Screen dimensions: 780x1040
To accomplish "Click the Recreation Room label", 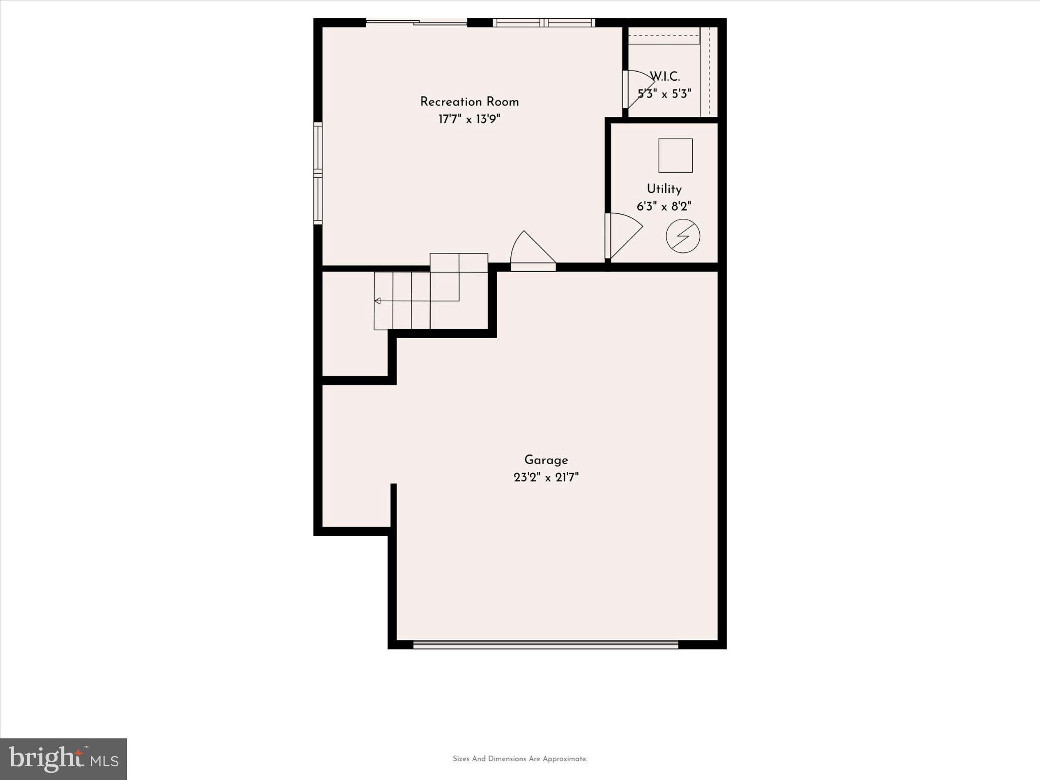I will point(469,102).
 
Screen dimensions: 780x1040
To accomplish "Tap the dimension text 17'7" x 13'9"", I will point(469,119).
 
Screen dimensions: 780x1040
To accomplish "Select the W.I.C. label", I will point(665,77).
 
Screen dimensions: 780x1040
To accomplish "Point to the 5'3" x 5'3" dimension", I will point(664,94).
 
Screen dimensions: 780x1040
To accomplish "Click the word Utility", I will point(664,189).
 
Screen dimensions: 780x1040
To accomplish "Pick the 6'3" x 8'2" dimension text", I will point(664,207).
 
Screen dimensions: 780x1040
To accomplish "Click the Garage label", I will point(546,460).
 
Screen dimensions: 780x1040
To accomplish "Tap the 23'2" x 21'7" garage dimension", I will point(546,478).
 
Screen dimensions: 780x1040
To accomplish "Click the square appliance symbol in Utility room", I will point(675,155).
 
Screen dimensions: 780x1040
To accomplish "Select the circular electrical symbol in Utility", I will point(683,236).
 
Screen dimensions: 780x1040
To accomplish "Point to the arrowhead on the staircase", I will point(377,301).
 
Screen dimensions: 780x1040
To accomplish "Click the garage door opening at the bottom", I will point(545,644).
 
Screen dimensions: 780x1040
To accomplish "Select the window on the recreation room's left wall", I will point(318,174).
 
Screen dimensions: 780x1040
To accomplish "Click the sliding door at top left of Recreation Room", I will point(416,22).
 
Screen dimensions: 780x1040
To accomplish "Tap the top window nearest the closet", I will point(543,22).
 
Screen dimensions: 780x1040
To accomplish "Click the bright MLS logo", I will point(63,759).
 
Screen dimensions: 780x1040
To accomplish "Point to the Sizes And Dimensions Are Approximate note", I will point(520,759).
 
